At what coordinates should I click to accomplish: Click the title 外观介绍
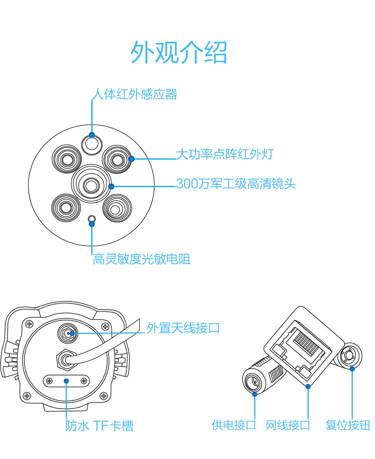tap(178, 52)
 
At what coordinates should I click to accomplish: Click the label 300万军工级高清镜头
tap(236, 184)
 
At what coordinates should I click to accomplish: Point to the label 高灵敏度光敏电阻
tap(141, 259)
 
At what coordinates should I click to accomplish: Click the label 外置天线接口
tap(183, 328)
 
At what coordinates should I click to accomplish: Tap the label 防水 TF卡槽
tap(99, 426)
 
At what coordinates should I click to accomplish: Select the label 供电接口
tap(233, 425)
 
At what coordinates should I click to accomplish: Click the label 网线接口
tap(288, 425)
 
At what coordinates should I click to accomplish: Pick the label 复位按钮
tap(347, 425)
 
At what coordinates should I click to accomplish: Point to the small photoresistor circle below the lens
tap(91, 219)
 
